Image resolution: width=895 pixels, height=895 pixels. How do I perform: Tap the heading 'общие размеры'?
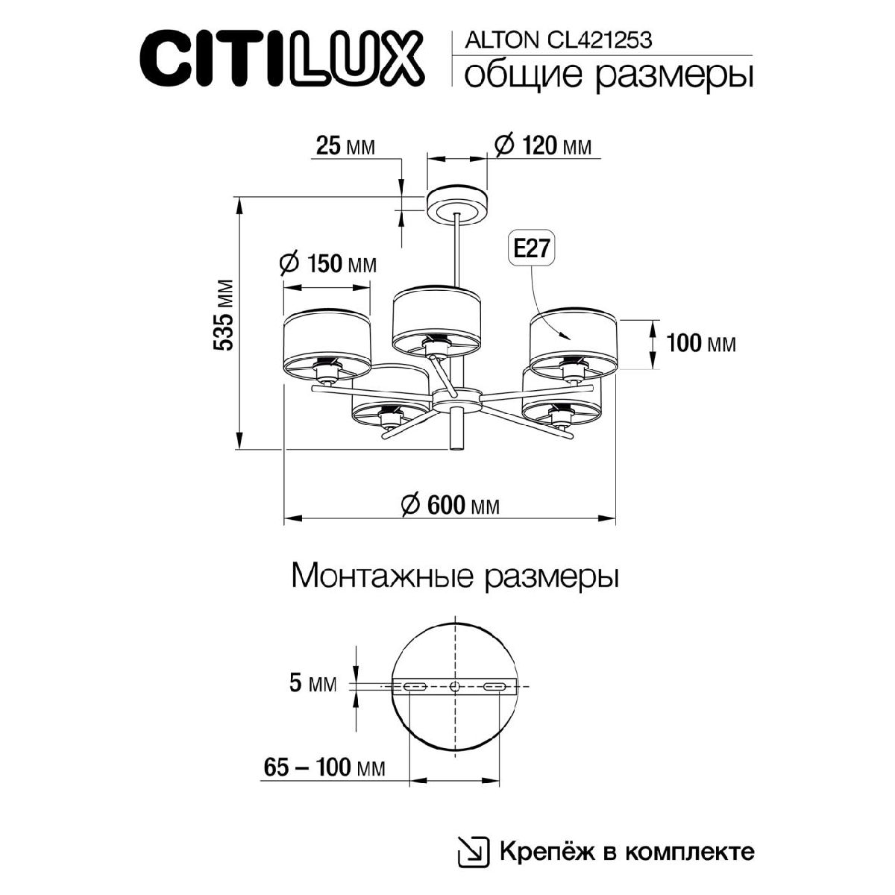[x=608, y=75]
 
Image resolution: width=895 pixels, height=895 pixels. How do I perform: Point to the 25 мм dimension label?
[x=345, y=146]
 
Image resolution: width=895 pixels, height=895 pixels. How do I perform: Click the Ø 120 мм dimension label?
[x=543, y=145]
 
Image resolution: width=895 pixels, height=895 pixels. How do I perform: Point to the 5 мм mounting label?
[x=313, y=682]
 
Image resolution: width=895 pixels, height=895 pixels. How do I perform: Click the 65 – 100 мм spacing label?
[x=324, y=767]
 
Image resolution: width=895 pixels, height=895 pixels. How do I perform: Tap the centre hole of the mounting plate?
[x=454, y=686]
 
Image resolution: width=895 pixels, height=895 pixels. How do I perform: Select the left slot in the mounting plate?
[x=414, y=686]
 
